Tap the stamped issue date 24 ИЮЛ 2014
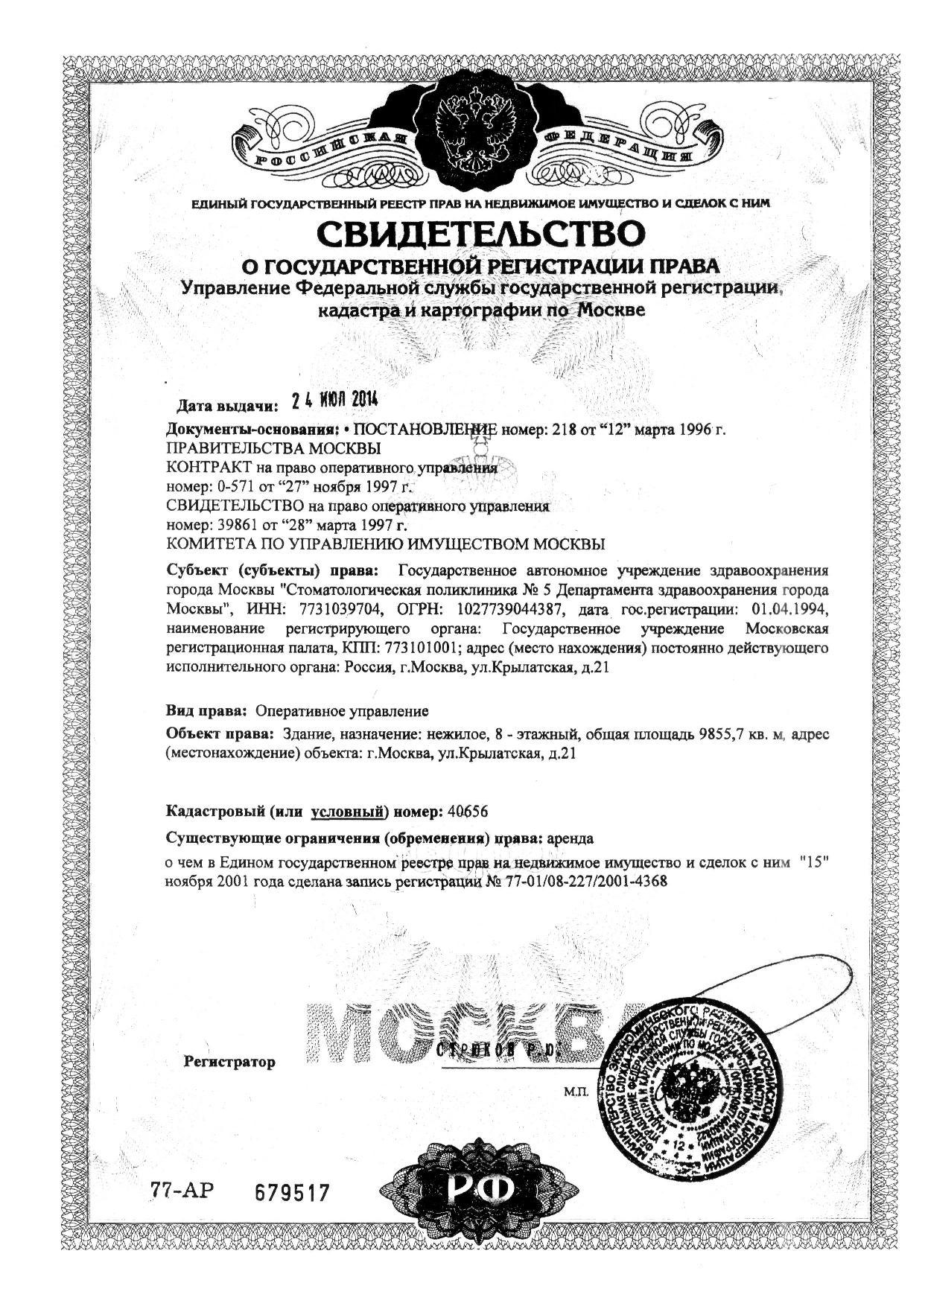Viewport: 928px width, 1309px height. tap(335, 400)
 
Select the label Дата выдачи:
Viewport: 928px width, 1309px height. tap(226, 407)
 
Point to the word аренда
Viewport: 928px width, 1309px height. tap(570, 838)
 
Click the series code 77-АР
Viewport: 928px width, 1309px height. tap(182, 1191)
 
